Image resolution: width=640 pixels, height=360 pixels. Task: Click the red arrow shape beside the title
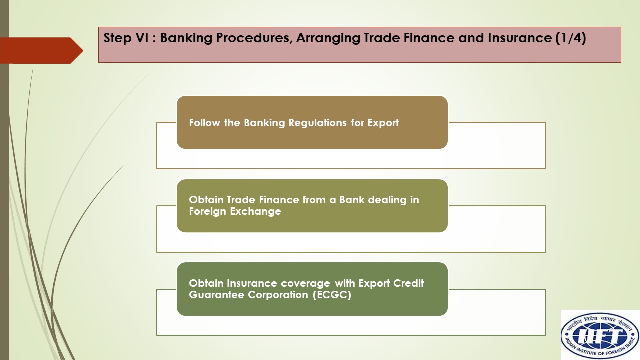coord(41,50)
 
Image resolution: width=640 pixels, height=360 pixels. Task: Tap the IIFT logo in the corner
coord(600,335)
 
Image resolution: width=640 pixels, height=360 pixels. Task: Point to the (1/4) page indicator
coord(571,38)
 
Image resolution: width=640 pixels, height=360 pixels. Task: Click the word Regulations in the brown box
coord(317,123)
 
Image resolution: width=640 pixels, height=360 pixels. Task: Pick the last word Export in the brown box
coord(383,123)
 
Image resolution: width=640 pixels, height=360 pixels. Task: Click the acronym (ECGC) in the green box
coord(332,295)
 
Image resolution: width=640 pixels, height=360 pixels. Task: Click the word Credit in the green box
coord(409,283)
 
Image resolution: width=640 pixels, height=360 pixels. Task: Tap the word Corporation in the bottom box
coord(278,295)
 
